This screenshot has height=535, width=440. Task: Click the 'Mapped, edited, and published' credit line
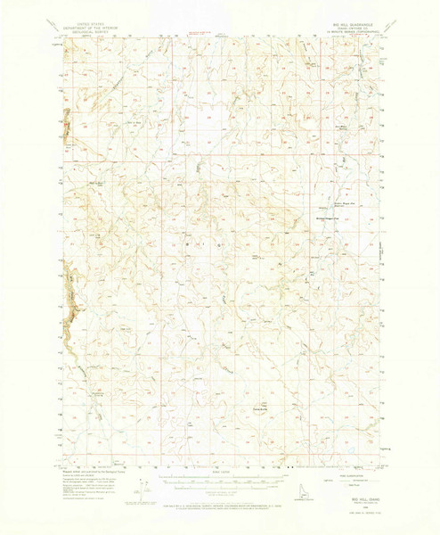click(x=91, y=471)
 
